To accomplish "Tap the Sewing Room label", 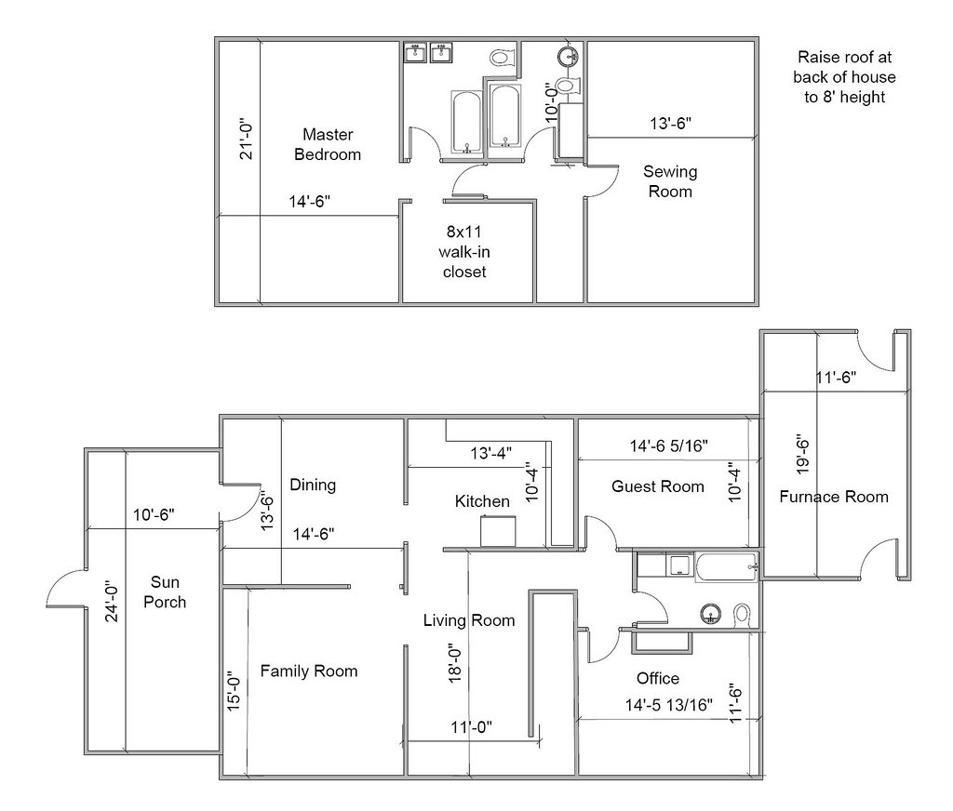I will tap(670, 181).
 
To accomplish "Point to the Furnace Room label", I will tap(833, 496).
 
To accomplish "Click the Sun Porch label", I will tap(168, 592).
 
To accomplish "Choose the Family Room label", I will tap(308, 671).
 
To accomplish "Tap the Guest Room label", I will tap(658, 486).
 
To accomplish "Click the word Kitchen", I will tap(481, 501).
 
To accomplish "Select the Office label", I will tap(657, 678).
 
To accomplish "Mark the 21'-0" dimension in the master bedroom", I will tap(247, 138).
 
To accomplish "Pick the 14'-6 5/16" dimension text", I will tap(669, 446).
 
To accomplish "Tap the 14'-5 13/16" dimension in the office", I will tap(669, 705).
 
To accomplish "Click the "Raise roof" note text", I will tap(845, 76).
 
